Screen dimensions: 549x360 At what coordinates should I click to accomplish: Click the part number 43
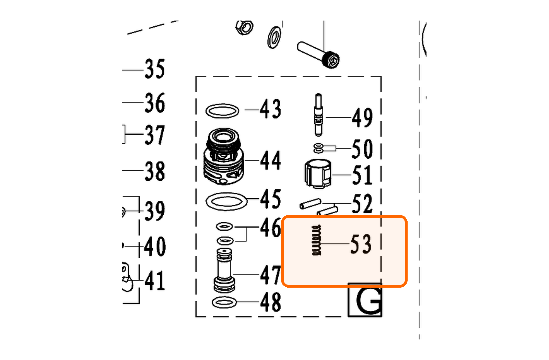[270, 109]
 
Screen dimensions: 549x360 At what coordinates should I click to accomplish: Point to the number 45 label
[270, 199]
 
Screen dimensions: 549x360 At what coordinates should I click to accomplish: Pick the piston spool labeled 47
[224, 271]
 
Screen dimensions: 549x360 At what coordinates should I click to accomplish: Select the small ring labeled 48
[224, 298]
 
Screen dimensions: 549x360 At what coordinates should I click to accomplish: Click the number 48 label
[270, 302]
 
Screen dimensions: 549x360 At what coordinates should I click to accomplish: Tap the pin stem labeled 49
[318, 115]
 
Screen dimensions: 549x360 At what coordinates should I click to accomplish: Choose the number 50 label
[362, 149]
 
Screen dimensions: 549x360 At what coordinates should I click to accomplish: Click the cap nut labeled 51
[318, 173]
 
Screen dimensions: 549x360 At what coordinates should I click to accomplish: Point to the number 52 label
[362, 204]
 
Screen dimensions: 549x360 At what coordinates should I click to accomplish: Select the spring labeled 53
[316, 240]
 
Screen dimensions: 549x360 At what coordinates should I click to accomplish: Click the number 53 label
[361, 244]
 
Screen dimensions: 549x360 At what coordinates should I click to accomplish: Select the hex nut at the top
[244, 27]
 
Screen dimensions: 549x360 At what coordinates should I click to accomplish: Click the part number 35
[155, 69]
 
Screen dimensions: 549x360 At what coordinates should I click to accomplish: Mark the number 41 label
[155, 280]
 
